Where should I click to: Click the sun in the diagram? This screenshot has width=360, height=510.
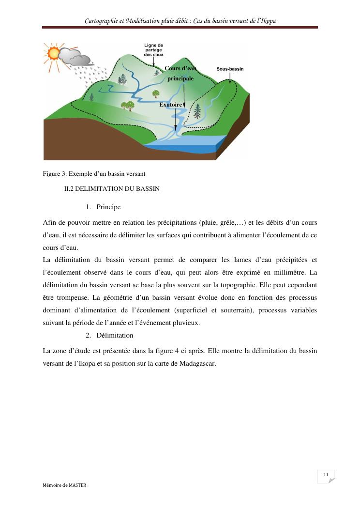54,53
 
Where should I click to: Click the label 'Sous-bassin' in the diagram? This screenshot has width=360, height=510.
230,69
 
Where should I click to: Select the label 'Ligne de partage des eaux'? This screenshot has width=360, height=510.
153,50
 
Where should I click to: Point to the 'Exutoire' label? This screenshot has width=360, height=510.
170,105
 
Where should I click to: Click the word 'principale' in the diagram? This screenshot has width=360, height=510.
180,78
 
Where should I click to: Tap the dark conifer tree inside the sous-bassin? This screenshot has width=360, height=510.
197,111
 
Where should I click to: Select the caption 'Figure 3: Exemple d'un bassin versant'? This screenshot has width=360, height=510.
94,173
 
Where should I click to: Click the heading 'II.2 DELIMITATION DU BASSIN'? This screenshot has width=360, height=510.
112,188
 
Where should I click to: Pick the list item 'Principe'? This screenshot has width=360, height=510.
108,207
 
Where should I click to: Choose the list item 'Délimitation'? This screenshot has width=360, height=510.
115,335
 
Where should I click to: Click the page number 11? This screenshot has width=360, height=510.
326,474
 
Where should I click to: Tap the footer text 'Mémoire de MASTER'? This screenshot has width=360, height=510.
64,485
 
